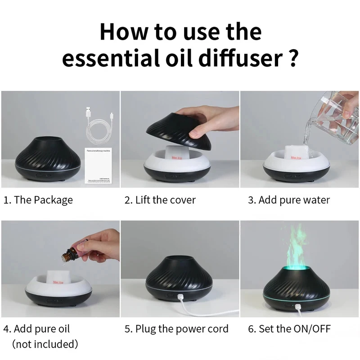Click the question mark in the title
pyautogui.click(x=292, y=59)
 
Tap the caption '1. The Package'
pyautogui.click(x=38, y=200)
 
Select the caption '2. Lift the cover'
pyautogui.click(x=160, y=200)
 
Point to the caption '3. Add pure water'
pyautogui.click(x=289, y=200)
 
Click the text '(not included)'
pyautogui.click(x=45, y=345)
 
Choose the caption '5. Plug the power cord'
pyautogui.click(x=176, y=329)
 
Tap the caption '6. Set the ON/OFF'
pyautogui.click(x=289, y=329)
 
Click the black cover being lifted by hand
pyautogui.click(x=179, y=130)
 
